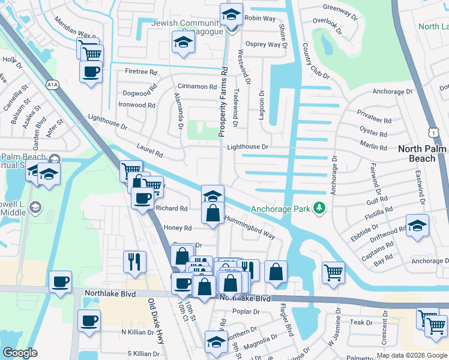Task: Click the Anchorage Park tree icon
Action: coord(320,208)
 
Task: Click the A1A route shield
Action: coord(53,85)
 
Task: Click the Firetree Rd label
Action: coord(140,71)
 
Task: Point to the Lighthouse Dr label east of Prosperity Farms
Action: coord(247,146)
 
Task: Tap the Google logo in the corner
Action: coord(20,353)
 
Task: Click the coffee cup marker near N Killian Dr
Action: coord(89,320)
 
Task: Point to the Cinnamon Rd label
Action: coord(197,87)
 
